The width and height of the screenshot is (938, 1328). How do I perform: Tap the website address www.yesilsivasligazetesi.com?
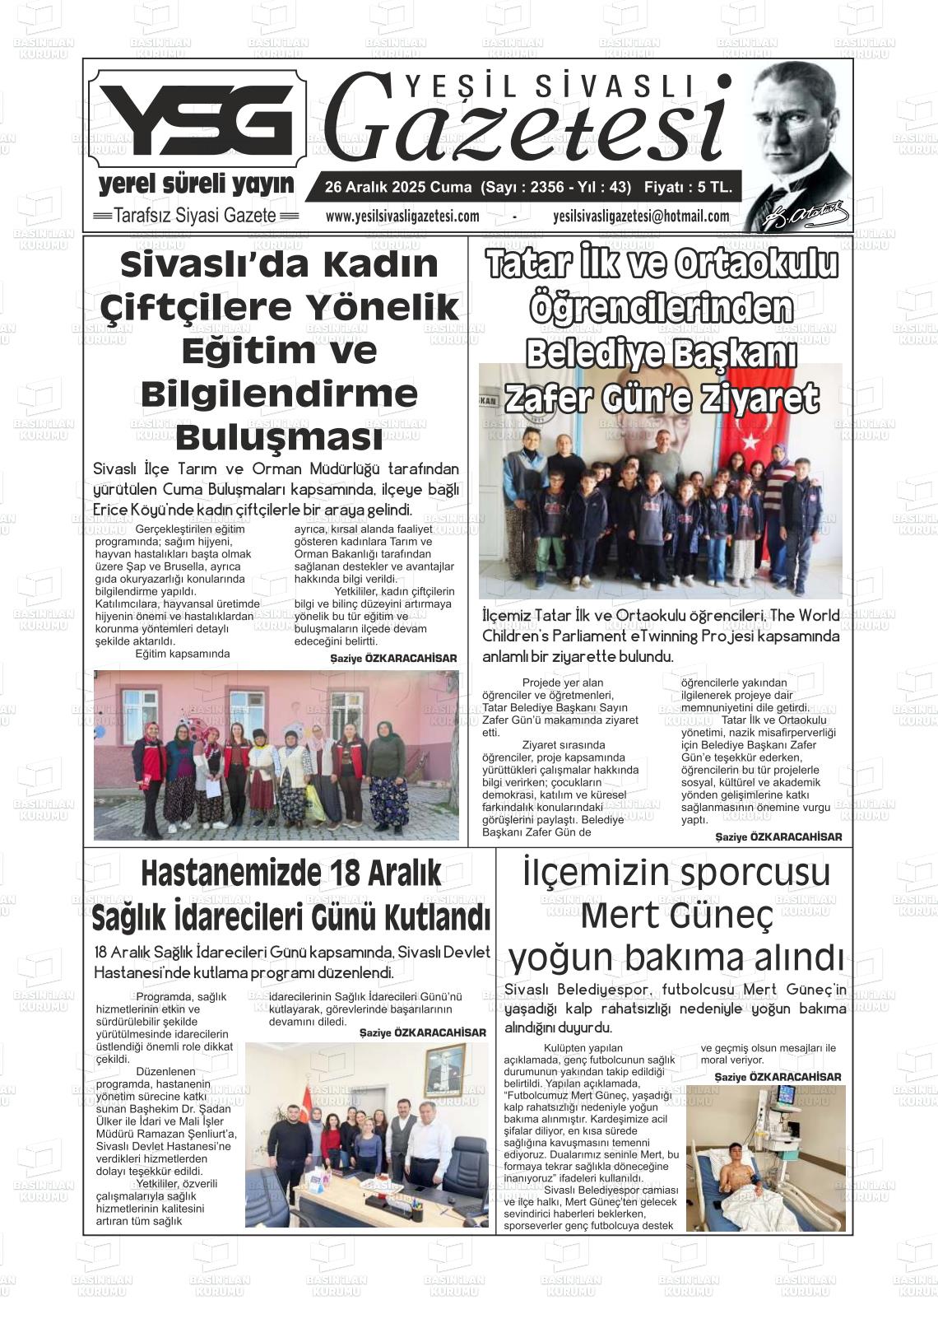pos(402,217)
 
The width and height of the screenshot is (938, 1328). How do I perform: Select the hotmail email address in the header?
pos(641,217)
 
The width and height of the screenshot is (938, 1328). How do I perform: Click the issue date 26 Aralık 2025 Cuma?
pos(398,188)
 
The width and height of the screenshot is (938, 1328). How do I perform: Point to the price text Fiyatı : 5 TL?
pos(688,188)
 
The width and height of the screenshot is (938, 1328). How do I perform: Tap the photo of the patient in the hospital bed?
pos(765,1158)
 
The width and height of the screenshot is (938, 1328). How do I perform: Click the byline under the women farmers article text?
pos(393,659)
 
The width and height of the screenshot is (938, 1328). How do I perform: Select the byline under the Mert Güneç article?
pos(778,1077)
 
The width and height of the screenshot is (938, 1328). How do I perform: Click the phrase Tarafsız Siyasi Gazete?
pos(195,216)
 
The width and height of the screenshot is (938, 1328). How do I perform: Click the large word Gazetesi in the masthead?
pos(527,119)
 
